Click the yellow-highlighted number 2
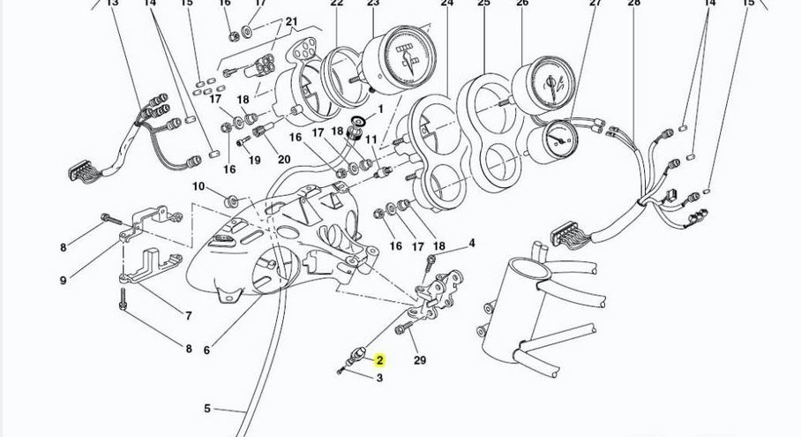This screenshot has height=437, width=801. [380, 360]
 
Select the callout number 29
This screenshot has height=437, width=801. [420, 359]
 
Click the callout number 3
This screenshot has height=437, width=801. [380, 379]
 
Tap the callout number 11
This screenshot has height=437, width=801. [371, 139]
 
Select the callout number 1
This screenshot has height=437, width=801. [381, 109]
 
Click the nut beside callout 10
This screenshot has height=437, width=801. [233, 196]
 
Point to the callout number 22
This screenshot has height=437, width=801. [336, 3]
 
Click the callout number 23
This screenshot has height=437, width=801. [373, 3]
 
